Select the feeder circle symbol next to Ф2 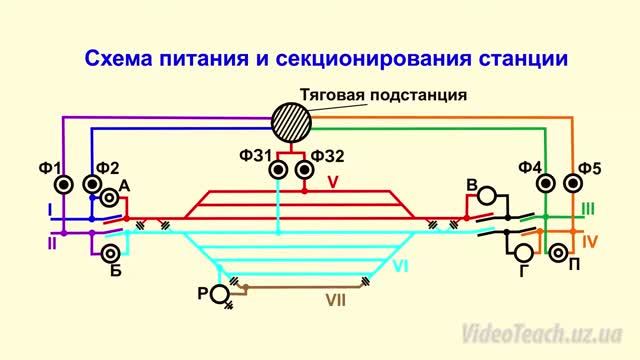pos(92,185)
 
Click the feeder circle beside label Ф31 pos(280,171)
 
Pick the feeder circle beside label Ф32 pos(306,171)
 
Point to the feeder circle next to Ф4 pos(545,184)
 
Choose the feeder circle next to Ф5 pos(573,184)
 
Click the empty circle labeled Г pos(523,251)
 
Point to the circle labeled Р pos(219,292)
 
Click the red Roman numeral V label pos(334,182)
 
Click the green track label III pos(588,209)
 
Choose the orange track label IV pos(590,240)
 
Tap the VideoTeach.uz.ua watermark pos(541,332)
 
